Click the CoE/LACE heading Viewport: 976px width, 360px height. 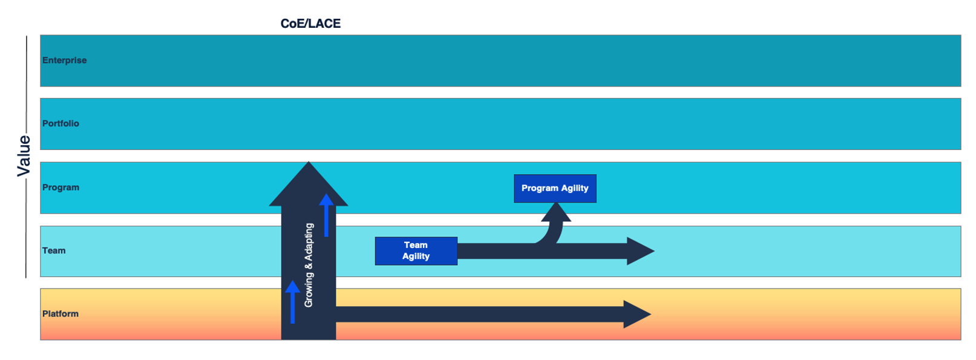[x=310, y=24]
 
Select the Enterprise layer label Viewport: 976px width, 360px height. [x=65, y=60]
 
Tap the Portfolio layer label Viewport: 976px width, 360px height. [x=61, y=123]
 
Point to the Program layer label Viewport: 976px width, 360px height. [x=61, y=188]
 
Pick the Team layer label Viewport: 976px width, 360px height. [x=54, y=250]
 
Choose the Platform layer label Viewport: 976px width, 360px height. [x=60, y=314]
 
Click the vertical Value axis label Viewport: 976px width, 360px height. [x=24, y=156]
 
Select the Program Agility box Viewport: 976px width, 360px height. [x=555, y=188]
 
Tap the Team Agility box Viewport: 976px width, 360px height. [x=416, y=250]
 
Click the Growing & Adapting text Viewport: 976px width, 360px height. [x=309, y=265]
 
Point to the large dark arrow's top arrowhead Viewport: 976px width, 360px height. [x=309, y=184]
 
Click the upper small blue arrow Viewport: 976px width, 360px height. [x=326, y=215]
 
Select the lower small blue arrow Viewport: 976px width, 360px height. [x=292, y=301]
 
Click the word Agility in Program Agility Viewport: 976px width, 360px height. [x=575, y=188]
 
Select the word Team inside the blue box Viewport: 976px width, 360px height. [x=416, y=245]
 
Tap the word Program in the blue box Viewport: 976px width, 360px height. [x=540, y=188]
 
